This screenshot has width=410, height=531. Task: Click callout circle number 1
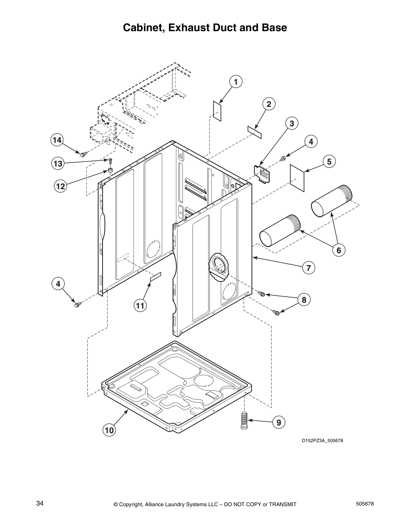pyautogui.click(x=235, y=82)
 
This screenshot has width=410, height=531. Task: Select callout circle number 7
pyautogui.click(x=309, y=268)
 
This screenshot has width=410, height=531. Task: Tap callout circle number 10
pyautogui.click(x=110, y=430)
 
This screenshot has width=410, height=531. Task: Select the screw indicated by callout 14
pyautogui.click(x=83, y=154)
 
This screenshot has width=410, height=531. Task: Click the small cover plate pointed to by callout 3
pyautogui.click(x=263, y=173)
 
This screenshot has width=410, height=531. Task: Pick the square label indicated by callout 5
pyautogui.click(x=297, y=178)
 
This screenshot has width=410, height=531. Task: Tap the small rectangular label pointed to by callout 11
pyautogui.click(x=155, y=277)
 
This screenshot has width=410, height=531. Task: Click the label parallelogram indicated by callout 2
pyautogui.click(x=255, y=131)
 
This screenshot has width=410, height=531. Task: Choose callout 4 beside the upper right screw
pyautogui.click(x=311, y=142)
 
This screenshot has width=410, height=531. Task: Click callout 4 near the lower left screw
pyautogui.click(x=58, y=284)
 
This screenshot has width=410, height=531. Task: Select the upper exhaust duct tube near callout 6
pyautogui.click(x=332, y=201)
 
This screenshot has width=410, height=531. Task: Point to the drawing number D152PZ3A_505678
pyautogui.click(x=322, y=440)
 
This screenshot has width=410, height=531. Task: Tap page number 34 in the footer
pyautogui.click(x=40, y=504)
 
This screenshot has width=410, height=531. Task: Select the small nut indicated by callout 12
pyautogui.click(x=110, y=171)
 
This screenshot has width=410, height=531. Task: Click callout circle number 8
pyautogui.click(x=304, y=300)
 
